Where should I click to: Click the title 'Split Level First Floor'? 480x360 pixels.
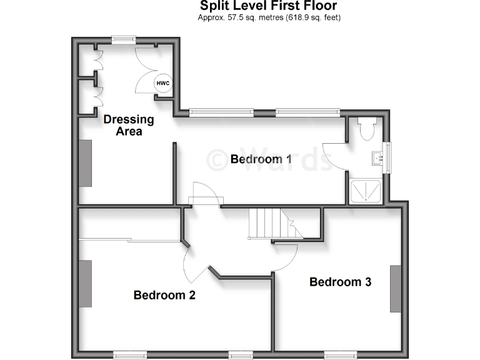point(268,6)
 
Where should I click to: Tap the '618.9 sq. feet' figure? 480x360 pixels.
point(313,17)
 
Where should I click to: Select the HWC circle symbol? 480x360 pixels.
point(162,83)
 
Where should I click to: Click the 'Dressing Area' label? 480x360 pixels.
point(129,125)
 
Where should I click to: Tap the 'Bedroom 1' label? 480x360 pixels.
point(261,159)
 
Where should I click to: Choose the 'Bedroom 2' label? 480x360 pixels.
point(164,295)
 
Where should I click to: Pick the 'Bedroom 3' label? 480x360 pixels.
point(340,282)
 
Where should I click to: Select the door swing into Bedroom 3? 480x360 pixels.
point(286,256)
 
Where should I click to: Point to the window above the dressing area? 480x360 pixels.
point(124,40)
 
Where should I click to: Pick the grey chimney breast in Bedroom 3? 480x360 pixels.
point(396,288)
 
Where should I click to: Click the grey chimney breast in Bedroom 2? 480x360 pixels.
point(85,283)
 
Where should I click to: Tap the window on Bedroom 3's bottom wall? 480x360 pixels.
point(340,355)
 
